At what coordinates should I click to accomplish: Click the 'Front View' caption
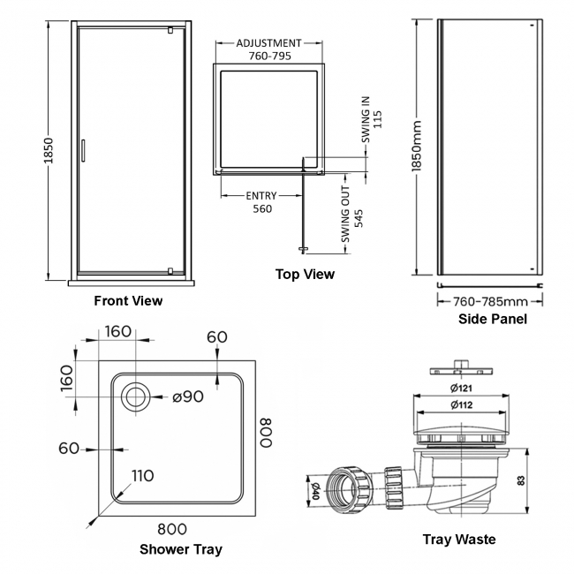pyautogui.click(x=128, y=301)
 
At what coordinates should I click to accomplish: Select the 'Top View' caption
pyautogui.click(x=305, y=275)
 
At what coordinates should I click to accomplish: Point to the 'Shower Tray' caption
pyautogui.click(x=181, y=549)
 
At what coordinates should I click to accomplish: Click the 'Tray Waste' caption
pyautogui.click(x=458, y=540)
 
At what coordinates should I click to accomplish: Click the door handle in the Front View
pyautogui.click(x=82, y=149)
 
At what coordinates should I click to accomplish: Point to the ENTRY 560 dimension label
pyautogui.click(x=261, y=202)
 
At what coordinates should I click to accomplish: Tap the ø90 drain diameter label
pyautogui.click(x=188, y=397)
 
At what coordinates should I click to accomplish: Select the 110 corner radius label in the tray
pyautogui.click(x=142, y=476)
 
